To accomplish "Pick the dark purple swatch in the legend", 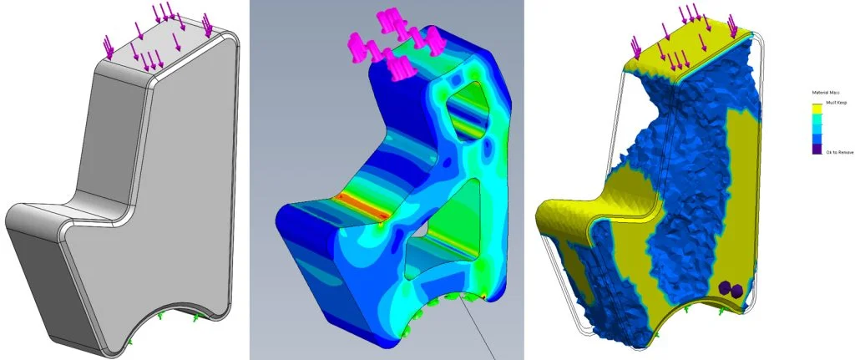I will click(816, 149).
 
